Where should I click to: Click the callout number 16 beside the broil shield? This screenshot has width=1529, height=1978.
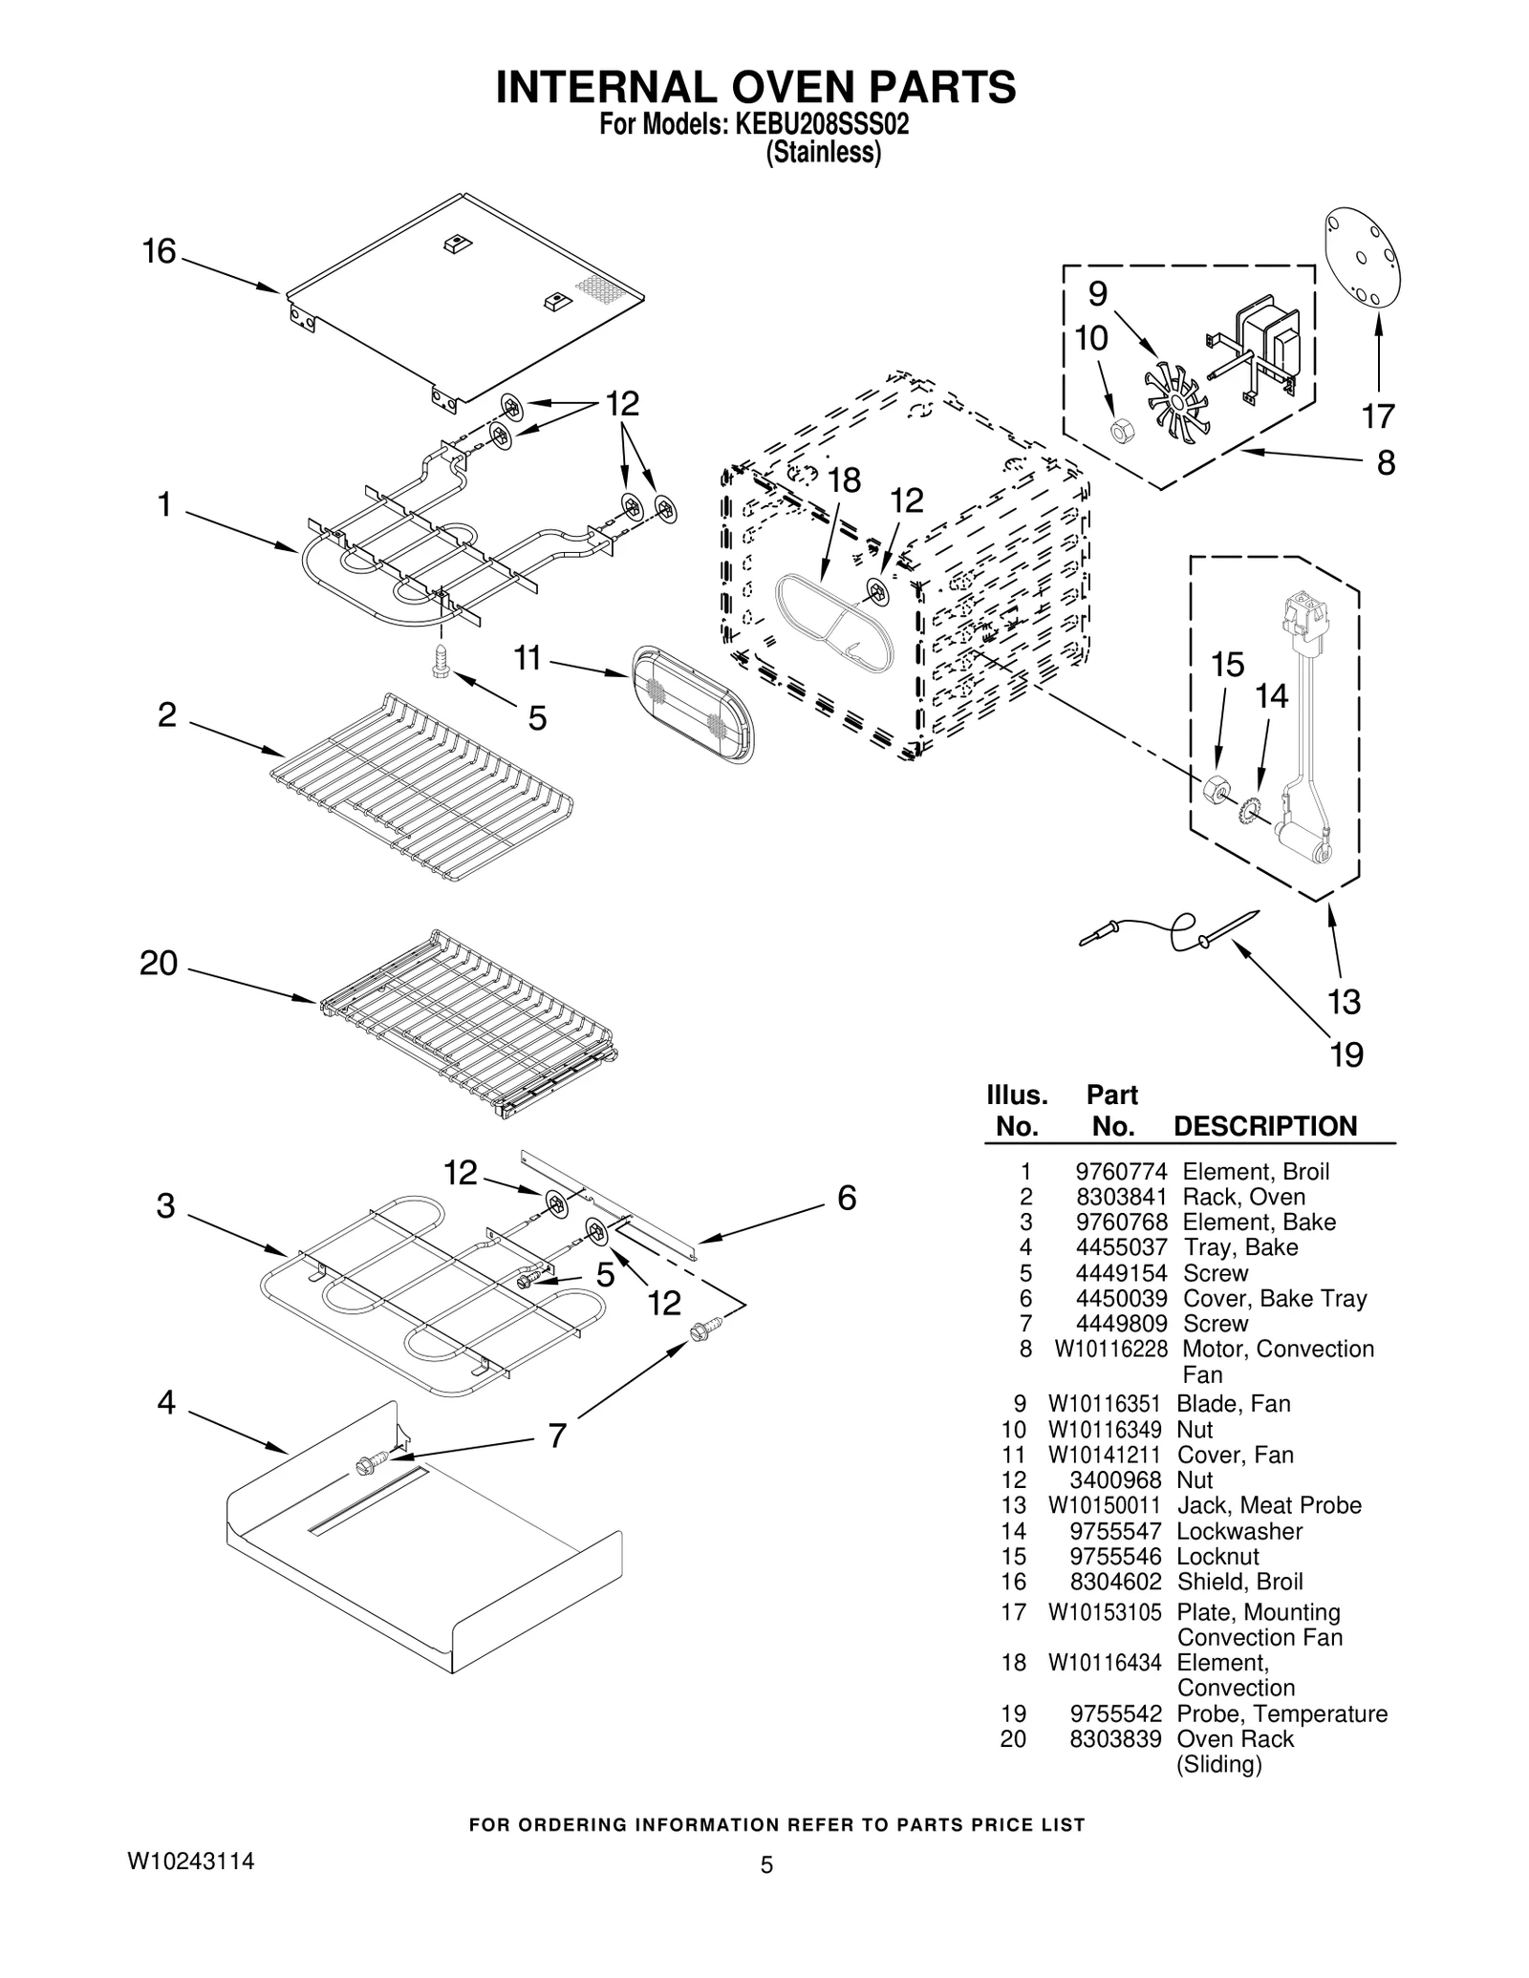[159, 251]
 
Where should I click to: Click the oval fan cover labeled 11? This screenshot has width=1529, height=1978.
[692, 704]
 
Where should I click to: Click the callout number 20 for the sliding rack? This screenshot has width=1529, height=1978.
[159, 964]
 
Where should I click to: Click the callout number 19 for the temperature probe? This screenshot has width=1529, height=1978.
[1346, 1054]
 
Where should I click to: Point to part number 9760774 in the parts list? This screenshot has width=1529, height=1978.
[1121, 1172]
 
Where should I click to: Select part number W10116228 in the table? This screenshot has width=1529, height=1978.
[1110, 1349]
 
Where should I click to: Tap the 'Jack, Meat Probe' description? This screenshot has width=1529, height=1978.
[1268, 1505]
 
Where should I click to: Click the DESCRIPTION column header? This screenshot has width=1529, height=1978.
[1264, 1126]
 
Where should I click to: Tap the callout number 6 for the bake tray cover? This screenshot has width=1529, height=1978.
[847, 1198]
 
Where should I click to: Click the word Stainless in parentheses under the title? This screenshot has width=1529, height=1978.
[823, 153]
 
